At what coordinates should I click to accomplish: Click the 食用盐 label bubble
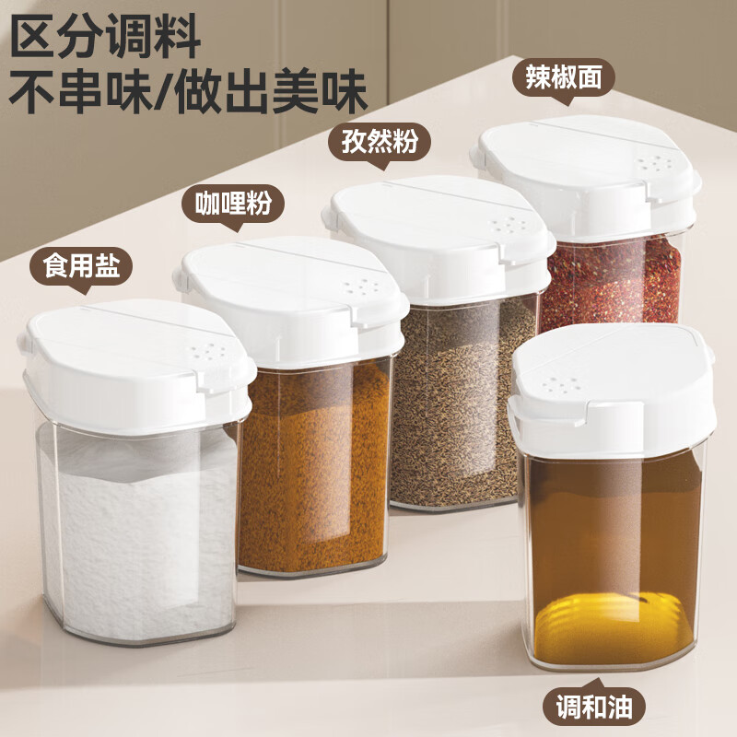[x=81, y=267]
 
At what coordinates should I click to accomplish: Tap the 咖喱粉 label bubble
[x=234, y=204]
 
